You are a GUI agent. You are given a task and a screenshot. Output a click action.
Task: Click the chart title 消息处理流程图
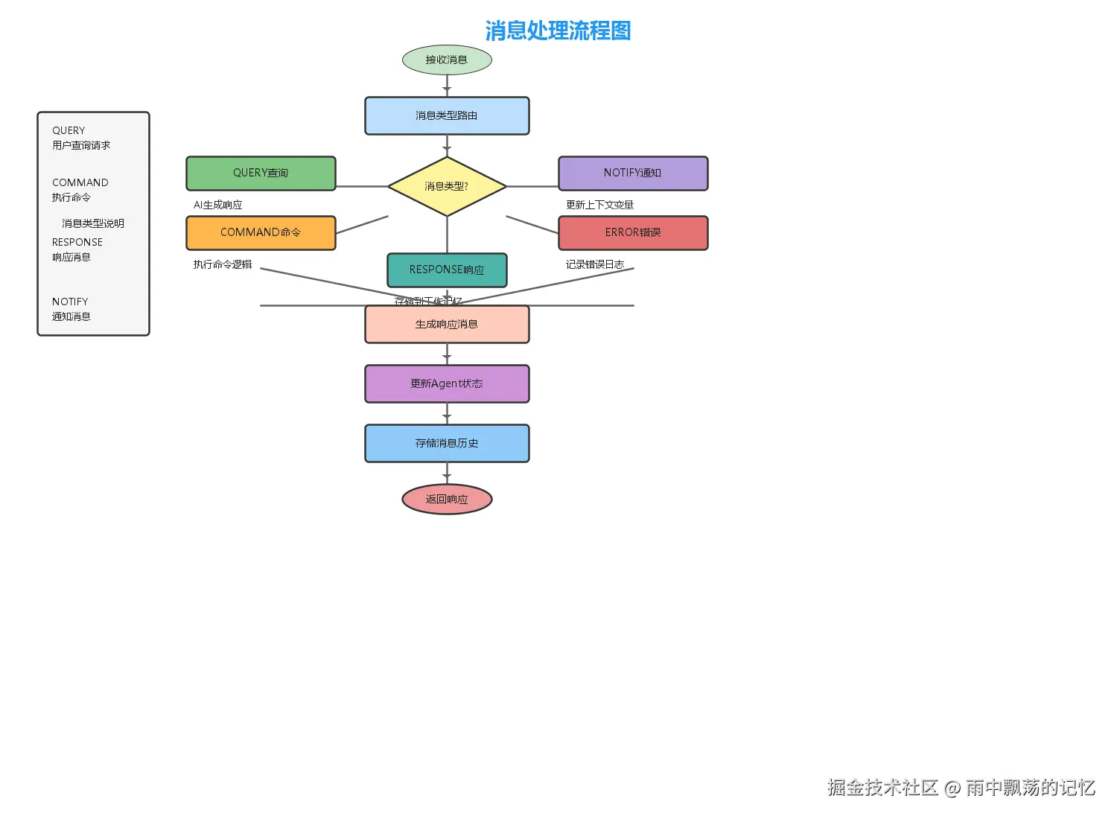coord(558,31)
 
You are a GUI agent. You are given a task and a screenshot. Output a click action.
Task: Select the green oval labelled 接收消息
coord(447,60)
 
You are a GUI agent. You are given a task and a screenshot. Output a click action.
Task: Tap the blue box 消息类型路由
coord(447,116)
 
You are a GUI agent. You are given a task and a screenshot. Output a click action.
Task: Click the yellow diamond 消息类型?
coord(447,186)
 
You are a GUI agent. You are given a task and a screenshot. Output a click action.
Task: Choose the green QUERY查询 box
coord(261,173)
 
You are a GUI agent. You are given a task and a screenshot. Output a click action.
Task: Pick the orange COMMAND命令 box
coord(261,233)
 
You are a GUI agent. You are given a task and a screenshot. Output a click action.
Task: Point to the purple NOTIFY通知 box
coord(633,173)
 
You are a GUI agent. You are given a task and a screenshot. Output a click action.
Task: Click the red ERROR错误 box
coord(633,233)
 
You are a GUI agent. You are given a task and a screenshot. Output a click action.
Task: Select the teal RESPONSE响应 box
coord(447,270)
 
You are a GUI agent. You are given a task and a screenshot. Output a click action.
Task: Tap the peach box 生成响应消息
coord(447,325)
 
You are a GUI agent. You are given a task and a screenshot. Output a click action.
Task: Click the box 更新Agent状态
coord(447,384)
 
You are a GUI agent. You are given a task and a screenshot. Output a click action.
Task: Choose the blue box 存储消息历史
coord(447,444)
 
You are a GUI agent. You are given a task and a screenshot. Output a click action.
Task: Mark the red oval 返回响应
coord(447,500)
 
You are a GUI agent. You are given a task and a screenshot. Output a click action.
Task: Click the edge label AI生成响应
coord(217,205)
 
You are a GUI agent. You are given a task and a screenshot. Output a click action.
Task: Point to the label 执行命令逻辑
coord(223,264)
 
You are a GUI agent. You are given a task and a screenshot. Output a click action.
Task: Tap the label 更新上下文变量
coord(599,205)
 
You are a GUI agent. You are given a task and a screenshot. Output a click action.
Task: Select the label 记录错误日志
coord(595,264)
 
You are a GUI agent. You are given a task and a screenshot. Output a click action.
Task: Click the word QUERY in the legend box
coord(69,130)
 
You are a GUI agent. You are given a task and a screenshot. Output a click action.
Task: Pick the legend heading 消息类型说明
coord(93,223)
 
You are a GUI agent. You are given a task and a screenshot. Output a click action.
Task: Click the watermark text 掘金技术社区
coord(882,788)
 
